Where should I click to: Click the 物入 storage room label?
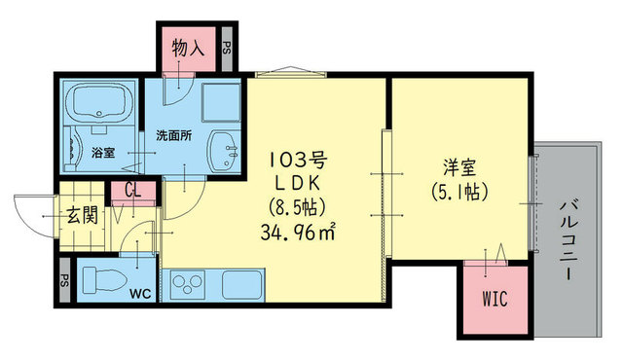188,49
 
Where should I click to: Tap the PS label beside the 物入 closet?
227,49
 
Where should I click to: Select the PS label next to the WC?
64,280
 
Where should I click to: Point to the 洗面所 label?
174,136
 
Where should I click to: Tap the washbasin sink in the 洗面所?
224,151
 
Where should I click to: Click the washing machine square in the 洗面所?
221,102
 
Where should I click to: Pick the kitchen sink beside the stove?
241,284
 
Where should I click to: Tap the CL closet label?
132,191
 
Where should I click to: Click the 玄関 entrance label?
82,216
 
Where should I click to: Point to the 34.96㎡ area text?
298,232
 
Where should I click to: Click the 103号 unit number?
298,160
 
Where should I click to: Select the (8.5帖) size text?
298,207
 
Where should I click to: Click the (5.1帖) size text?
459,192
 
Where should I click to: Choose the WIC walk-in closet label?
495,299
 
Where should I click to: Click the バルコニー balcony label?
569,240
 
